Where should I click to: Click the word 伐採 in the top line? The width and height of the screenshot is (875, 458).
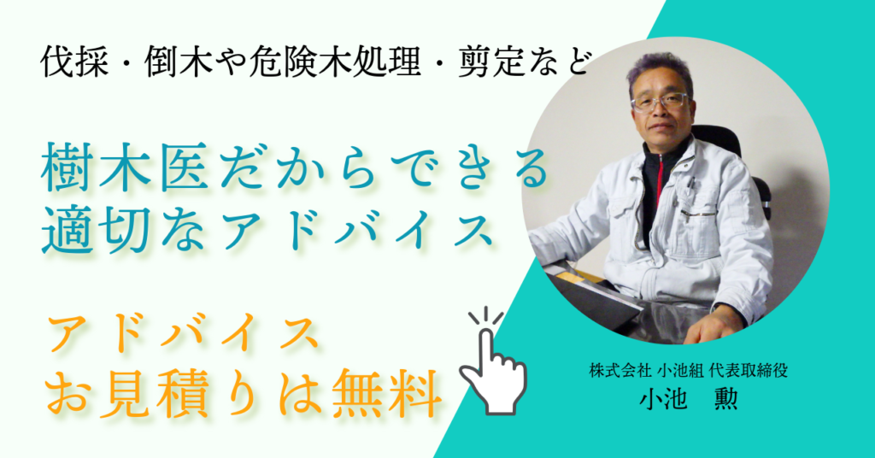pos(74,62)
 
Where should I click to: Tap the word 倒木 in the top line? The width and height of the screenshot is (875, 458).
pos(179,62)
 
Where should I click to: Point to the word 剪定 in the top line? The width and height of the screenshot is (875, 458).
pos(491,62)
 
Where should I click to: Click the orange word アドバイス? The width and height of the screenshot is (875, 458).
pos(185,333)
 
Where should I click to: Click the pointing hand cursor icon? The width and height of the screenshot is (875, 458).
pos(493,361)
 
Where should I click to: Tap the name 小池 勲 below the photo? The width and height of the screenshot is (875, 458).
pos(689,398)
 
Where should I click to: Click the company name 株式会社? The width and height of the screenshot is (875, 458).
pos(620,371)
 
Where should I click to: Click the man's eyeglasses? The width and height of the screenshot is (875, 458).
pos(660,102)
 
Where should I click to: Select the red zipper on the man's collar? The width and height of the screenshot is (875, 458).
pos(660,178)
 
